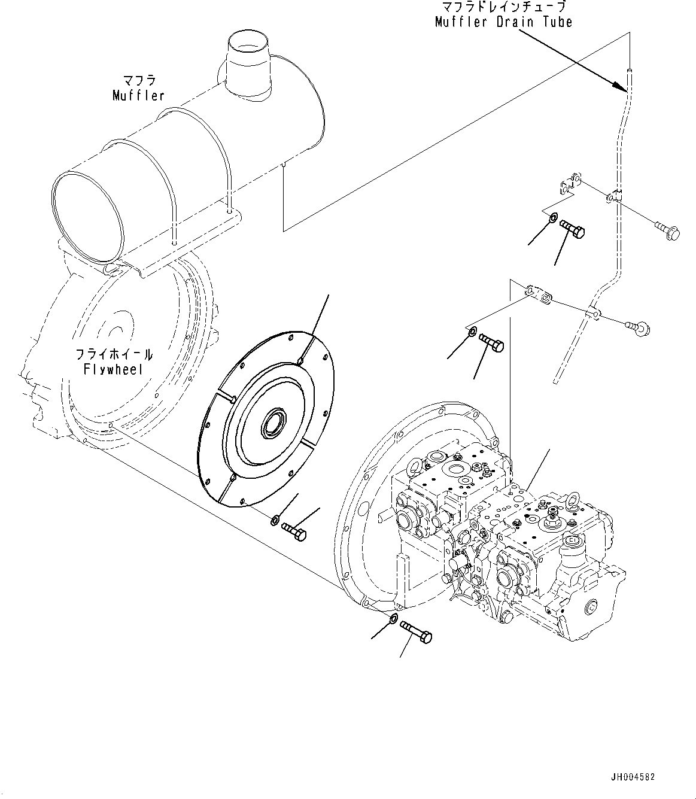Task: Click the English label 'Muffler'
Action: click(138, 95)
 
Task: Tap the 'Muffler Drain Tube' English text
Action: click(503, 22)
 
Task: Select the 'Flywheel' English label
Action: click(113, 369)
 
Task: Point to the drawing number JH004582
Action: click(633, 777)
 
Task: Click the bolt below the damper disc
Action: click(293, 531)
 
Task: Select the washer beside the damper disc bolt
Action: click(274, 518)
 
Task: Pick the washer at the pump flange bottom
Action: click(393, 618)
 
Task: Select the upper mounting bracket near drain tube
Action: click(570, 184)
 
